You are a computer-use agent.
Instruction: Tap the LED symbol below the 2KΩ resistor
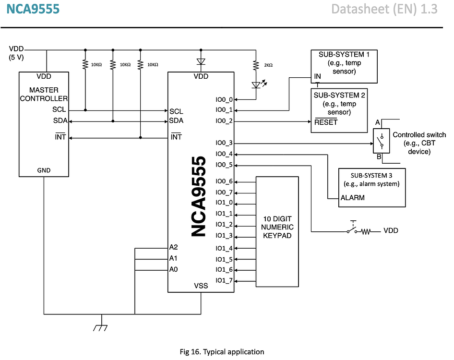coord(256,85)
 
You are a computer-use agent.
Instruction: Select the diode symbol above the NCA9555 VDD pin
coord(201,61)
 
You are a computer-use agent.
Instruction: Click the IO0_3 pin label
coord(224,143)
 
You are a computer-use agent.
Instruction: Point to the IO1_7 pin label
coord(224,280)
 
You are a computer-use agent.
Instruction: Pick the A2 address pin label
coord(174,247)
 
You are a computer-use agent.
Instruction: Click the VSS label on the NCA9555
coord(201,286)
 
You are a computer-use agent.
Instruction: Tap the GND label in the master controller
coord(43,170)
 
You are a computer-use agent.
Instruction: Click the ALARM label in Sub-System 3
coord(352,197)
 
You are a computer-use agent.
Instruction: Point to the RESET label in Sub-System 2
coord(326,122)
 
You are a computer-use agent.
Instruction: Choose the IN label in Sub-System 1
coord(317,76)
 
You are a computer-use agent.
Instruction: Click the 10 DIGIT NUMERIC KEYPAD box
coord(277,231)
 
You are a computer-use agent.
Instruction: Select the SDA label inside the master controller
coord(60,120)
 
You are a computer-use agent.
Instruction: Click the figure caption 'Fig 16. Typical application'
coord(222,352)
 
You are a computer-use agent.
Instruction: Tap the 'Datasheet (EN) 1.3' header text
coord(384,9)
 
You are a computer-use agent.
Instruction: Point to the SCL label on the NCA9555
coord(176,111)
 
